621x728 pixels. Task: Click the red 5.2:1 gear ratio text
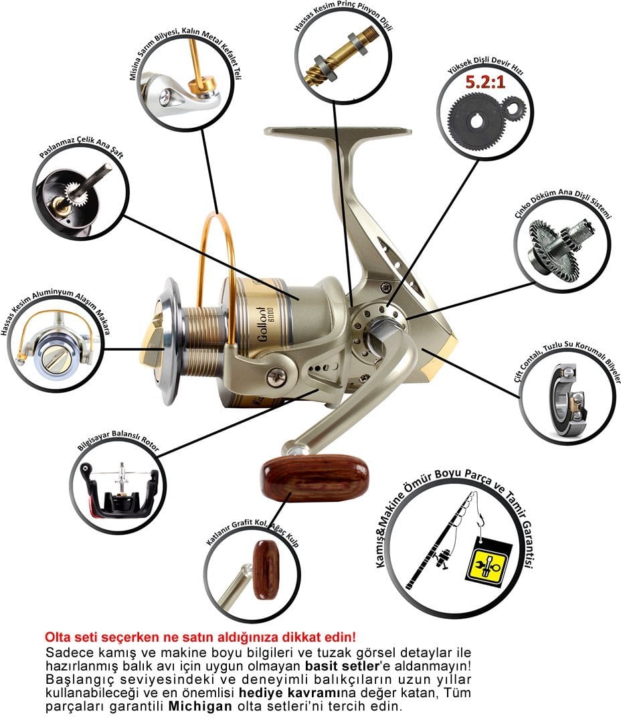[x=485, y=83]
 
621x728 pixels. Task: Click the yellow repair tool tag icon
[x=488, y=562]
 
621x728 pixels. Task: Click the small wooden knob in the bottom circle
[x=266, y=569]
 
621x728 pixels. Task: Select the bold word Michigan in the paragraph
[x=199, y=707]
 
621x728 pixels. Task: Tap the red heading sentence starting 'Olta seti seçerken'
[x=200, y=636]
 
